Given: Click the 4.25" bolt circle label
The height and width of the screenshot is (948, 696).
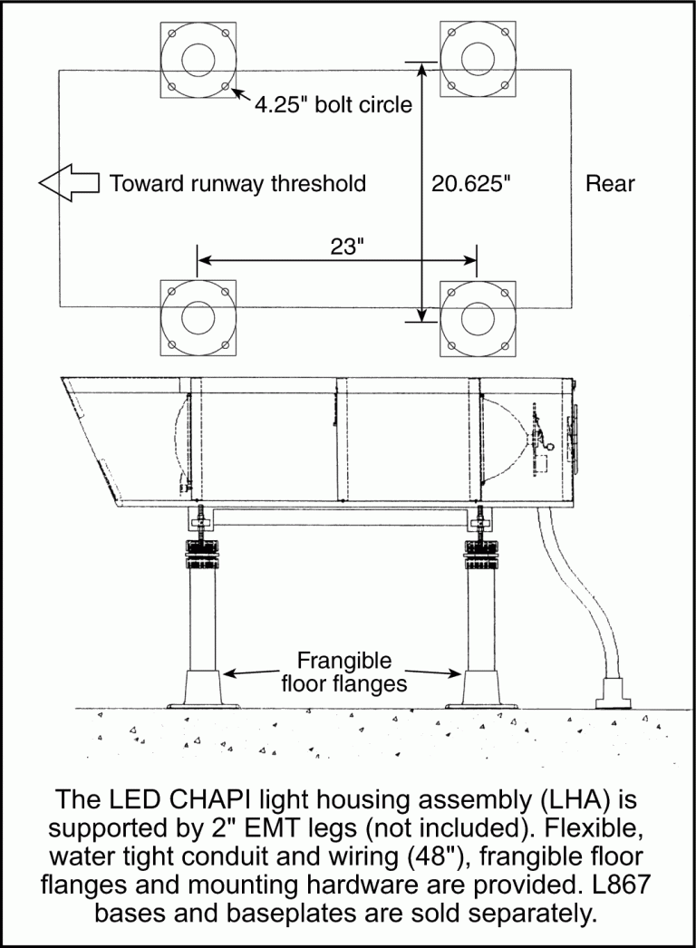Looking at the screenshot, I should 333,104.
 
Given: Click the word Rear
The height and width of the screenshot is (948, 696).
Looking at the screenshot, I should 610,183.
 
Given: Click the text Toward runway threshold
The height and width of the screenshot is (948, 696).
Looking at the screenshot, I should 237,183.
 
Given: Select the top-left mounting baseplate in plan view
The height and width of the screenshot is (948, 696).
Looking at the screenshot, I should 198,60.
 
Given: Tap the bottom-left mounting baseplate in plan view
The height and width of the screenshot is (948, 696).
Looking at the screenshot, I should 198,318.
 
